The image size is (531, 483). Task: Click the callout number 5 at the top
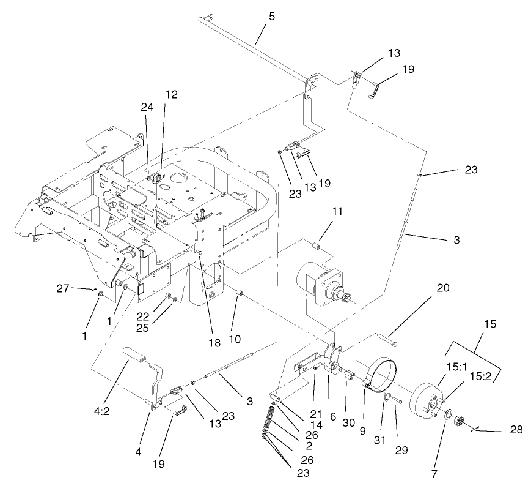271,17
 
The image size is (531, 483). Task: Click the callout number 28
516,430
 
